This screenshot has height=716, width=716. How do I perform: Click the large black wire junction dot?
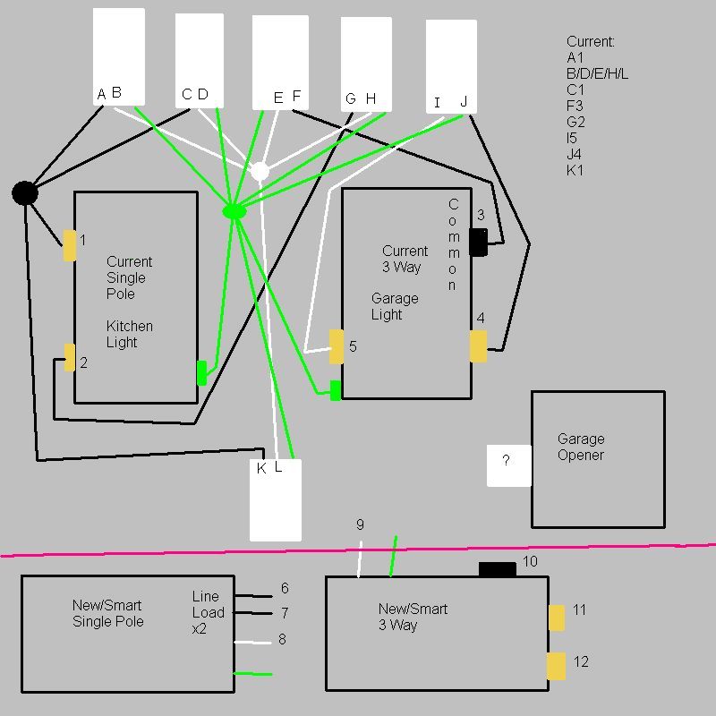click(25, 192)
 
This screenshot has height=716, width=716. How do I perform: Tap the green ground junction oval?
click(234, 211)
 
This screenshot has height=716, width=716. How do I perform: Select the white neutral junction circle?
click(260, 170)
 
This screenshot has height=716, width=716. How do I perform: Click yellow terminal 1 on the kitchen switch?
click(70, 245)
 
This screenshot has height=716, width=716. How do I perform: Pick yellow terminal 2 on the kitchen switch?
click(70, 357)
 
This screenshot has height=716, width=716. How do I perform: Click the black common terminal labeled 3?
click(479, 242)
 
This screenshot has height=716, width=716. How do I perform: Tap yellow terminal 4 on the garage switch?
click(479, 346)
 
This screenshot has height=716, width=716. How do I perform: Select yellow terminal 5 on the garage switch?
click(337, 346)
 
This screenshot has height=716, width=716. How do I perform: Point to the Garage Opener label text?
click(581, 447)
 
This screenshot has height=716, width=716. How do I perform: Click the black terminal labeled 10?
click(498, 569)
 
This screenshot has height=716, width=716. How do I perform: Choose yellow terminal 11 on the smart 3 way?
click(556, 618)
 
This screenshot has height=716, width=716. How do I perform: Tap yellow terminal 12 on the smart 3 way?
click(556, 666)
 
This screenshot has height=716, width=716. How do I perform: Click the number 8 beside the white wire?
click(283, 639)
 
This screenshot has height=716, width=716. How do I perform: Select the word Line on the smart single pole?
click(205, 596)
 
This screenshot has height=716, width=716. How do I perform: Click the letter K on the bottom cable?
click(261, 468)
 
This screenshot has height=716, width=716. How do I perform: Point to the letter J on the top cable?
click(464, 102)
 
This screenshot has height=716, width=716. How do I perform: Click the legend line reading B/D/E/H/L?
click(597, 73)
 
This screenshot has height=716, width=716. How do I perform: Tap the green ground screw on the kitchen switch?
click(201, 373)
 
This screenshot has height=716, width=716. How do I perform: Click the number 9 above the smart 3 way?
click(360, 524)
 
